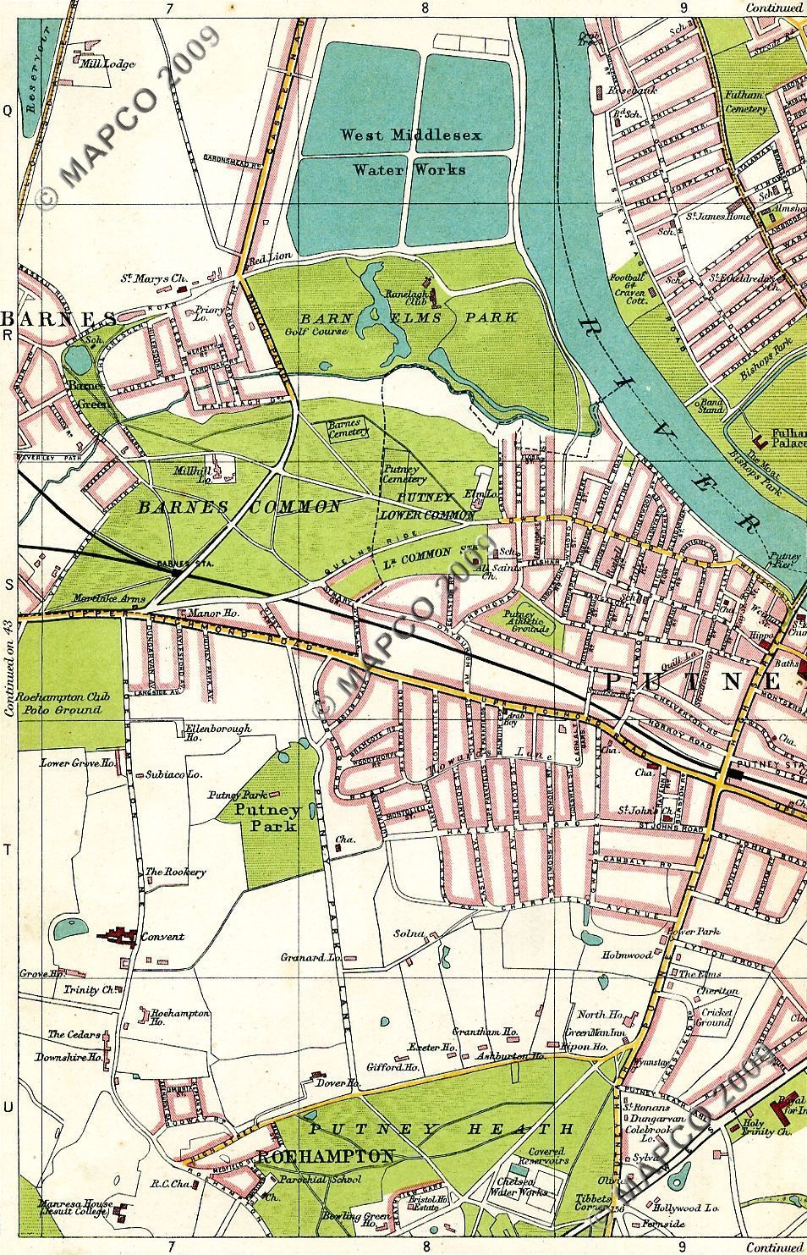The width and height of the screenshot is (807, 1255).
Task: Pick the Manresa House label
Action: pos(74,1208)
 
